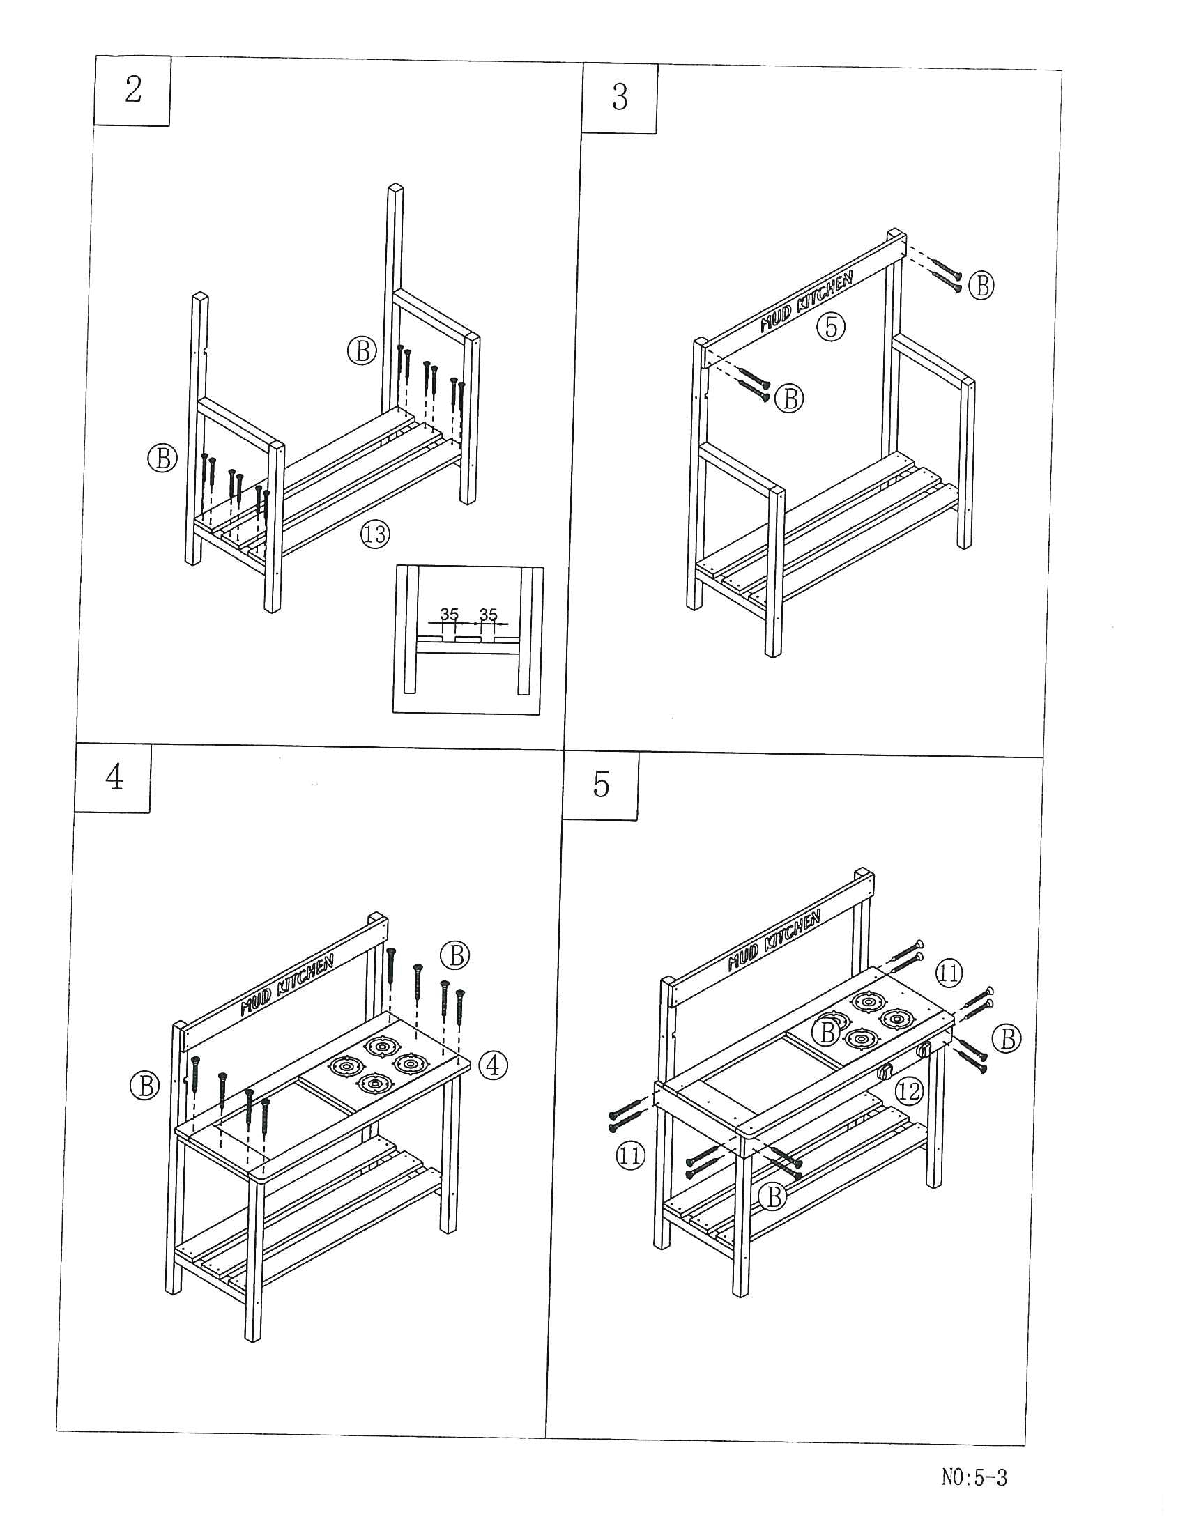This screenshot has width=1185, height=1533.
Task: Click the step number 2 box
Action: (132, 91)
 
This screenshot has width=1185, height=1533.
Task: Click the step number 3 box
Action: (619, 98)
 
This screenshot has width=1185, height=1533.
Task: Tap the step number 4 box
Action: (114, 778)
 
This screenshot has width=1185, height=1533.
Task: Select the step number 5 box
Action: (601, 785)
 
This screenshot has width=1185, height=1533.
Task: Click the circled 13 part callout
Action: (375, 535)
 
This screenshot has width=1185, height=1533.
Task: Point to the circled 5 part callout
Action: (831, 326)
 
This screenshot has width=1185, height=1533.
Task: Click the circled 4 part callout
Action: (493, 1065)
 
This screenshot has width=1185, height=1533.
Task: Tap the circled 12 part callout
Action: (908, 1091)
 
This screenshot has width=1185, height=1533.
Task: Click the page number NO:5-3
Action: (974, 1477)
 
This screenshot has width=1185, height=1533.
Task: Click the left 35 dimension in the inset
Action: (450, 615)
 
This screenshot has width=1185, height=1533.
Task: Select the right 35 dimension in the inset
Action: (489, 615)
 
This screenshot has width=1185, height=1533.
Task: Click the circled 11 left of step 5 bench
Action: (629, 1155)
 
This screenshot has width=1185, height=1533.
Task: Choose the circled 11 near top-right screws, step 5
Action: (949, 973)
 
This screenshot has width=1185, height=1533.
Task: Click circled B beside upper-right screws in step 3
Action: (981, 286)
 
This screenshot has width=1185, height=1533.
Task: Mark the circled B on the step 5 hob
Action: (827, 1032)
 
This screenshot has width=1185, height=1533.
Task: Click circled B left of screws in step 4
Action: (145, 1086)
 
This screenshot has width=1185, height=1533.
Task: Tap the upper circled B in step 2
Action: (362, 350)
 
